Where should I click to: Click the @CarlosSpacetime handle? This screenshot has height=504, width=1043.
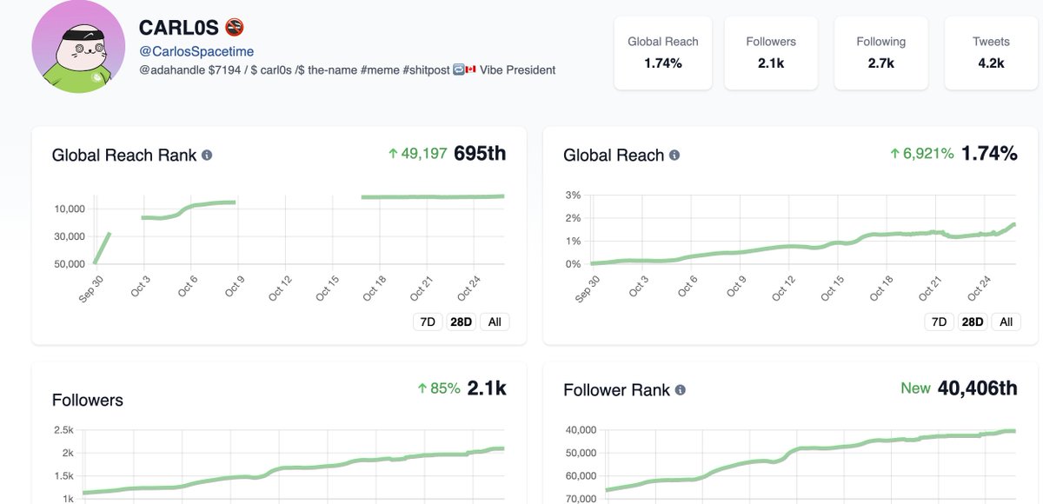pos(196,52)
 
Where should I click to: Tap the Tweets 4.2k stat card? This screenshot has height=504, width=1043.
pos(990,52)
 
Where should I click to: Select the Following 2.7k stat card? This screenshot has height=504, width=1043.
pos(880,52)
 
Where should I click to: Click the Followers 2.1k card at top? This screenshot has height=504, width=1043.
pos(770,52)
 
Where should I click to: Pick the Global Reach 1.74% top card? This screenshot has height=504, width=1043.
pos(662,52)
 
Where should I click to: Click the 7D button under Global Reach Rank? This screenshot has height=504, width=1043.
pos(428,322)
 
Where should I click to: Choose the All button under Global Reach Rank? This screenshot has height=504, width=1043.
pos(495,322)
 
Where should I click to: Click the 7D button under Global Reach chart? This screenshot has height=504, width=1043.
pos(939,322)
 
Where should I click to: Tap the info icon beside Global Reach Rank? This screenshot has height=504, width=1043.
pos(207,156)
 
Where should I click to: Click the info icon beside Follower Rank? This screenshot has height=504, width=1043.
pos(681,390)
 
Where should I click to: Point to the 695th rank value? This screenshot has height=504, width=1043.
pos(479,154)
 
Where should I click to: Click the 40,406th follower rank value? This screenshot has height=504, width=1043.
pos(977,388)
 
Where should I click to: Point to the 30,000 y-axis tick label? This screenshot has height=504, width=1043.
pos(69,236)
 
